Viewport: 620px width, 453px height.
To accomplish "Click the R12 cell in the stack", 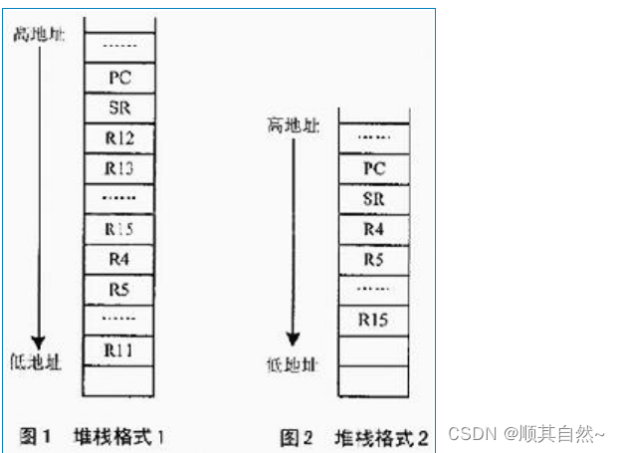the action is [x=119, y=136].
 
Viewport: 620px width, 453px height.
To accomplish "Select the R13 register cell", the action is [x=119, y=167].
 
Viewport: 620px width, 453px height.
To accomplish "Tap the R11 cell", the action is [x=119, y=350].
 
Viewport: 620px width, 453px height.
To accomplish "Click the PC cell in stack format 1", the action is [x=119, y=76].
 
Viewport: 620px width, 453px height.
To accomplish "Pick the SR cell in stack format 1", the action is [x=119, y=106].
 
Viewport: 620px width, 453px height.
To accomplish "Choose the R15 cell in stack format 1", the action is [x=119, y=229].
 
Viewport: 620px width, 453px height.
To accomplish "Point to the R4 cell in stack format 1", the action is [x=119, y=260].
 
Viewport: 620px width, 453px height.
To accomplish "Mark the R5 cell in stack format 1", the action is [x=119, y=291].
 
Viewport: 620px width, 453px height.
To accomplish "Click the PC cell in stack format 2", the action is [x=374, y=168].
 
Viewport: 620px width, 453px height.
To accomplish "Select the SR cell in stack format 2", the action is [x=374, y=198].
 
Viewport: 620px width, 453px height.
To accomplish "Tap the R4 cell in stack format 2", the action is [x=374, y=229].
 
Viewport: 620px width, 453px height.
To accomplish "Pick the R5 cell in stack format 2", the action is [x=374, y=260].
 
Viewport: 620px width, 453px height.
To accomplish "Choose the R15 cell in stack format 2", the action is [x=374, y=320].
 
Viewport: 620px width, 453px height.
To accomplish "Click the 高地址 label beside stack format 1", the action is [x=37, y=35].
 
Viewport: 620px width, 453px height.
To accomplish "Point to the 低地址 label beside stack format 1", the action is [x=38, y=361].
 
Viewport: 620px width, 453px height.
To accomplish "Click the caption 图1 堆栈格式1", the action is [x=93, y=435].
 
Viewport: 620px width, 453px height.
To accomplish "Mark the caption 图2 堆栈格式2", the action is [x=354, y=436].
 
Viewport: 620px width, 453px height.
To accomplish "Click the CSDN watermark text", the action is [x=525, y=434].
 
